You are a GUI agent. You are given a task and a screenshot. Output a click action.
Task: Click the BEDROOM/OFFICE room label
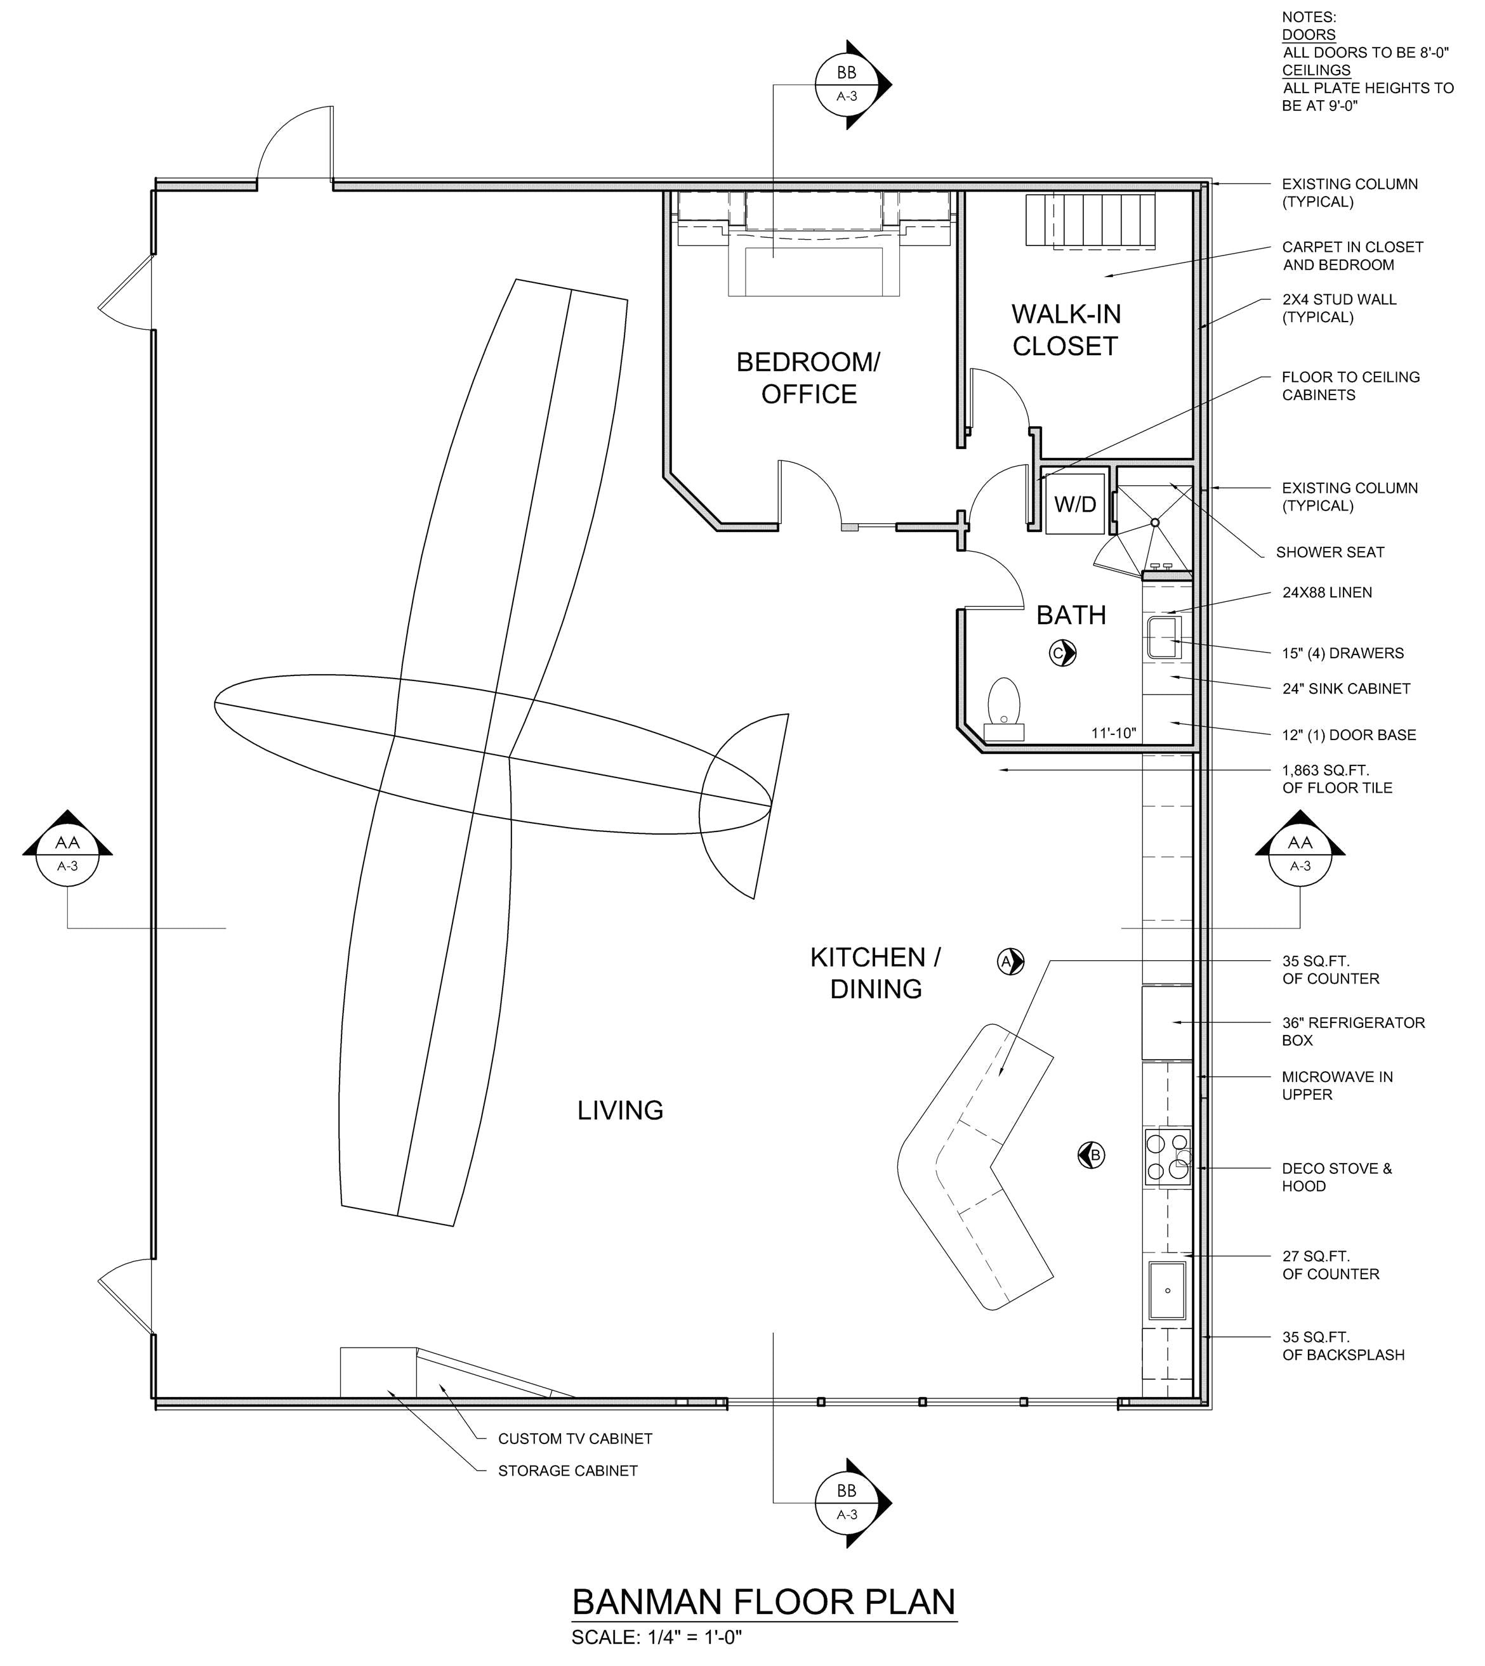(x=808, y=377)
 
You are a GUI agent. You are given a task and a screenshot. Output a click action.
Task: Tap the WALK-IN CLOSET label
(x=1066, y=329)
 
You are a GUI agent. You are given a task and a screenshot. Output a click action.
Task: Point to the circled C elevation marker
(x=1062, y=653)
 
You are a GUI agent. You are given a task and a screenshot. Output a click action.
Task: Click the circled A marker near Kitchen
(x=1010, y=962)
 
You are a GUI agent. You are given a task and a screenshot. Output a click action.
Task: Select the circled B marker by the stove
(x=1092, y=1155)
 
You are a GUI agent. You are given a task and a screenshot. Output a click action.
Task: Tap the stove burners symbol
(x=1168, y=1156)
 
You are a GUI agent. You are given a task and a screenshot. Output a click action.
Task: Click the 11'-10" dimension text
(x=1114, y=733)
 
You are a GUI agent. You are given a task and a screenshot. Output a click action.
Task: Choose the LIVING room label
(x=620, y=1110)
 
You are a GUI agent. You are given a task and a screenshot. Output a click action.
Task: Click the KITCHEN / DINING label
(x=876, y=973)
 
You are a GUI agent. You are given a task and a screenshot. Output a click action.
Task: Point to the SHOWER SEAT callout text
(x=1330, y=552)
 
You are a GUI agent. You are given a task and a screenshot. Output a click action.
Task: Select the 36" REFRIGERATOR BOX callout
(x=1353, y=1031)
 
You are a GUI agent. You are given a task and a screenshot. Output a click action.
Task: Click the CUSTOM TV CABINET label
(x=575, y=1438)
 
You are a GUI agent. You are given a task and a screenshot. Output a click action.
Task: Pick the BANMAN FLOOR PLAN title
(x=763, y=1603)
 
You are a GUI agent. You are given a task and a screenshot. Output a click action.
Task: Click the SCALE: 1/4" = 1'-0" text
(x=656, y=1637)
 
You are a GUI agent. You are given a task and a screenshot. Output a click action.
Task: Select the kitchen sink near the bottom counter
(x=1168, y=1290)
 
